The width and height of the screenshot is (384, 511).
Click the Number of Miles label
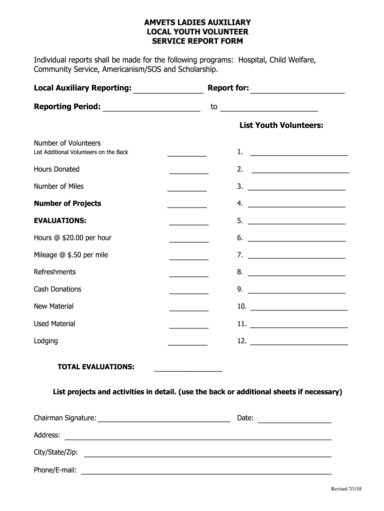click(59, 187)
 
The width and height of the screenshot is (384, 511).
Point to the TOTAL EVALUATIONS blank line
click(188, 370)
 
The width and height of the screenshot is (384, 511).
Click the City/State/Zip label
click(56, 452)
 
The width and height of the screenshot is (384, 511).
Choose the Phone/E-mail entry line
click(206, 472)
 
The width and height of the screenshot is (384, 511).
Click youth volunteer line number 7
click(296, 257)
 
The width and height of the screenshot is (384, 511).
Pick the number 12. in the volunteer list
click(242, 341)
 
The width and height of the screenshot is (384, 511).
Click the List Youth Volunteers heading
click(281, 125)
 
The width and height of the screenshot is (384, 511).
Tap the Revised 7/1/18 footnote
click(346, 489)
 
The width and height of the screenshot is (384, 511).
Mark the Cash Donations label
click(57, 289)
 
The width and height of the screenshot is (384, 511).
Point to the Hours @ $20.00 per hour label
click(73, 238)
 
